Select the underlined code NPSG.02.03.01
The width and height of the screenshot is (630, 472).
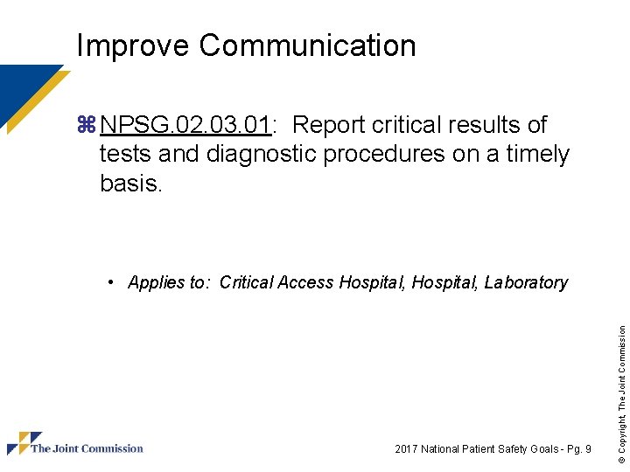tap(185, 126)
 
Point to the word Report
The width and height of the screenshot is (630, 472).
tap(337, 126)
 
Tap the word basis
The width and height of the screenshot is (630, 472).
tap(130, 184)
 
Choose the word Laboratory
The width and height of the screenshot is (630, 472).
tap(526, 282)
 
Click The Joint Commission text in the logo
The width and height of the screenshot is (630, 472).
tap(87, 448)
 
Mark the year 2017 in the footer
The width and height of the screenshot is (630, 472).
tap(406, 449)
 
